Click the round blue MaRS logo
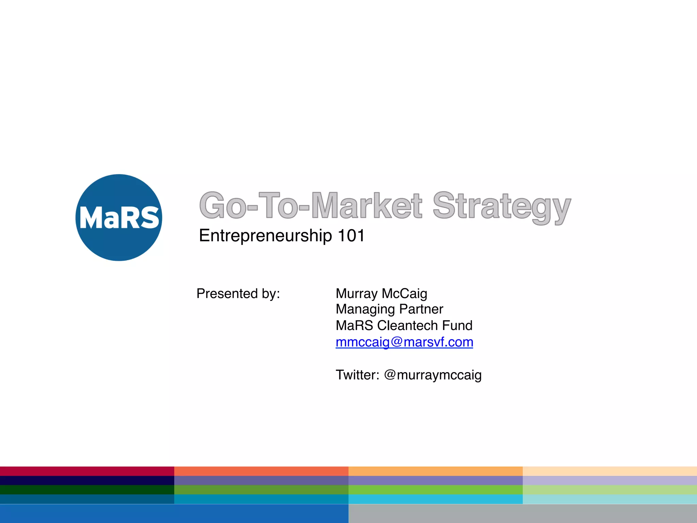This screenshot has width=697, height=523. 119,218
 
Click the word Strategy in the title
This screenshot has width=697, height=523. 501,206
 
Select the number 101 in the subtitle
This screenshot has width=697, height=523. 351,236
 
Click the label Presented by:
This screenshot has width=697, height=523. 238,294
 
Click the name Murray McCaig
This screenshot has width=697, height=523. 381,294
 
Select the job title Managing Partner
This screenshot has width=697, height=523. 389,309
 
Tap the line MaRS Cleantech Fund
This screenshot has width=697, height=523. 404,326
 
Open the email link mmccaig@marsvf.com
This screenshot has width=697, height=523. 404,342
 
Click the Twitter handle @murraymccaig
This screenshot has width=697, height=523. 433,375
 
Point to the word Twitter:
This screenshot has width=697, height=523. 357,375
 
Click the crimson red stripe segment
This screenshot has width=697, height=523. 87,471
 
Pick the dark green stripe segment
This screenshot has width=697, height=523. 87,490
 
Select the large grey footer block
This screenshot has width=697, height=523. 523,513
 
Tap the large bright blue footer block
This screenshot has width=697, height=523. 174,513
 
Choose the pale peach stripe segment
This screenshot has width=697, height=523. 610,471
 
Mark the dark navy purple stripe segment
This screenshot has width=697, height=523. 87,480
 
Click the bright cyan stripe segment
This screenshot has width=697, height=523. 436,499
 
